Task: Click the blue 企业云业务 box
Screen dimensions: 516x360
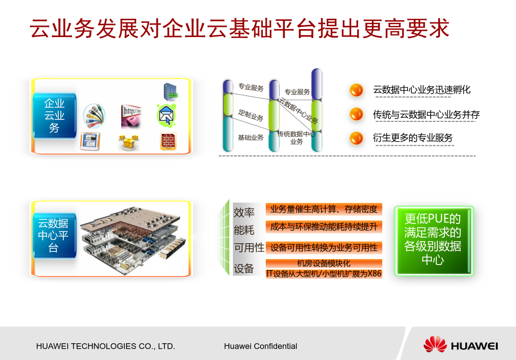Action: pos(55,116)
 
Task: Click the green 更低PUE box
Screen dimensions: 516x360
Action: pos(434,241)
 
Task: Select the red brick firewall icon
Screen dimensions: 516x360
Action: pos(168,141)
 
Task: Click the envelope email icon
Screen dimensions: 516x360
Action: pos(166,115)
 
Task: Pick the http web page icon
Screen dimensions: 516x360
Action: pos(131,116)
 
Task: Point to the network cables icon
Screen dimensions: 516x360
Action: pos(94,116)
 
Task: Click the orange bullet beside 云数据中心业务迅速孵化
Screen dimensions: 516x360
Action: pos(356,90)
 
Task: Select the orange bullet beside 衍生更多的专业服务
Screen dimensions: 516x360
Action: pos(356,138)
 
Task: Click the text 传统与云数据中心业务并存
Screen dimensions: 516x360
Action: pos(426,115)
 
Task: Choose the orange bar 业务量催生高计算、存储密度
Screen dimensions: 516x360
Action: pos(324,209)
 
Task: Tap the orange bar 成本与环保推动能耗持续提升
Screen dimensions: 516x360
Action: pos(324,226)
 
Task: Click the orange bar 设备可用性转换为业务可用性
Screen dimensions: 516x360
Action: pos(324,248)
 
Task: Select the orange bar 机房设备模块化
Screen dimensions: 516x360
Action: pos(324,263)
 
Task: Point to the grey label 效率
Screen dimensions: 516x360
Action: pos(244,212)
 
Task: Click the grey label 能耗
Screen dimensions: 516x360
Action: pos(244,230)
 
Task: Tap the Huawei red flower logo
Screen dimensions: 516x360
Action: pos(435,344)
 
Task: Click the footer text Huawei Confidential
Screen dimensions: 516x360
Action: pos(260,346)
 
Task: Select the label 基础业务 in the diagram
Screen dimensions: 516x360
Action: pos(251,137)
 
